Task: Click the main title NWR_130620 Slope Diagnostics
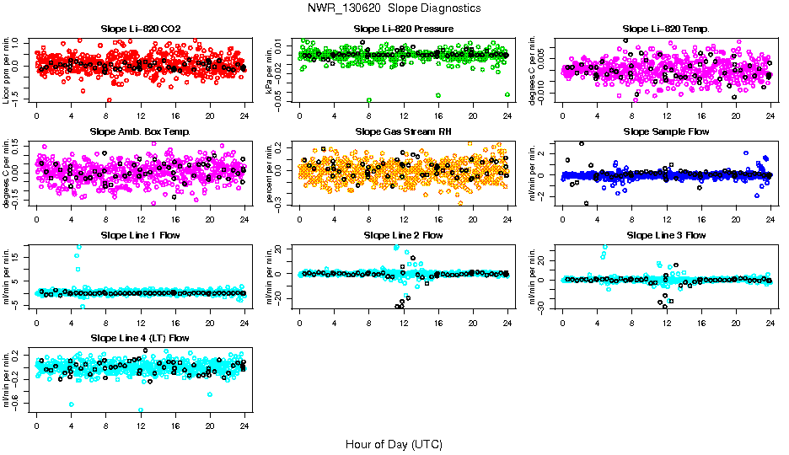tap(394, 8)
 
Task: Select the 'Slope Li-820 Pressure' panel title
tap(403, 29)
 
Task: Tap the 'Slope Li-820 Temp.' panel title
tap(666, 29)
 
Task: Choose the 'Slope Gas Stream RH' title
tap(403, 131)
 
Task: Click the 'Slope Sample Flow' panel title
tap(666, 131)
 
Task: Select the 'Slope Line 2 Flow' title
tap(403, 235)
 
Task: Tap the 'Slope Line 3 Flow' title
tap(666, 235)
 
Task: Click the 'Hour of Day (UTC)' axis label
tap(394, 443)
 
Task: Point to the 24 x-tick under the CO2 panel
tap(244, 116)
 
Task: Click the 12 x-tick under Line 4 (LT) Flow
tap(141, 426)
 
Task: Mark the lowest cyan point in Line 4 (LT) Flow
tap(141, 410)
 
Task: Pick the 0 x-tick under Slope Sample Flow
tap(563, 219)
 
